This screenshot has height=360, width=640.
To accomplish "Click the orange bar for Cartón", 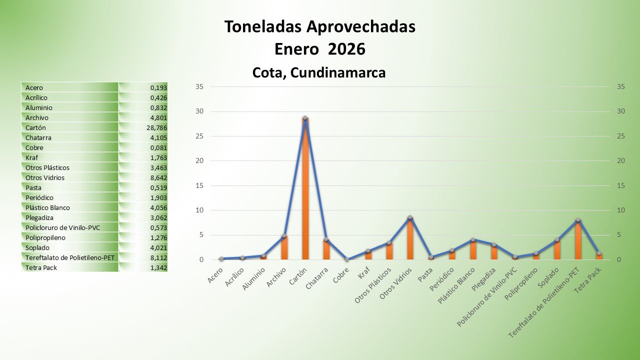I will pos(305,190).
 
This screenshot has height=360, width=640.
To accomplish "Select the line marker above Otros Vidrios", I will pos(410,217).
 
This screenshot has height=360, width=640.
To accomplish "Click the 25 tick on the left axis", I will pos(199,136).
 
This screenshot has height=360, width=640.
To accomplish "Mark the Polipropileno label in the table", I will pos(45,238).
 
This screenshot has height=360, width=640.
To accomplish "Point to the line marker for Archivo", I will pos(284,236).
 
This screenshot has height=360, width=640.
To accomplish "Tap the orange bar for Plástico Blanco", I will pos(473,250).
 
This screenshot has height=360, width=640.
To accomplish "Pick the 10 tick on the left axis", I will pos(199,210).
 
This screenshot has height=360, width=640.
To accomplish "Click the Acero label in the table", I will pos(34,88).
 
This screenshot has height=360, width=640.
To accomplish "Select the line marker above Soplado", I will pos(556,240).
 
